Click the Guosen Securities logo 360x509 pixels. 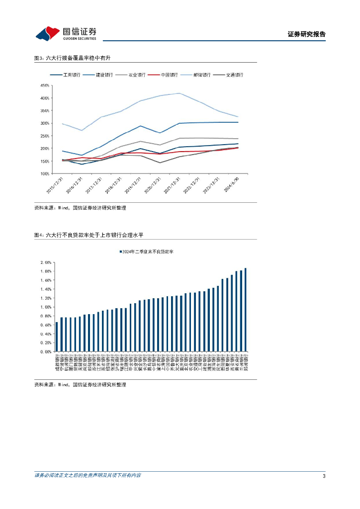(x=66, y=33)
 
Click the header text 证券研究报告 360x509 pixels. (x=307, y=34)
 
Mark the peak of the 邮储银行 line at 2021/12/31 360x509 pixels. (x=179, y=93)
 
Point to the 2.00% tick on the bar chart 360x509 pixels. (x=46, y=262)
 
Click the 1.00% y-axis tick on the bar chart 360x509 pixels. (x=46, y=307)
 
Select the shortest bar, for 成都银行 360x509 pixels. (x=57, y=337)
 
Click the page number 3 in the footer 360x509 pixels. (x=324, y=476)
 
